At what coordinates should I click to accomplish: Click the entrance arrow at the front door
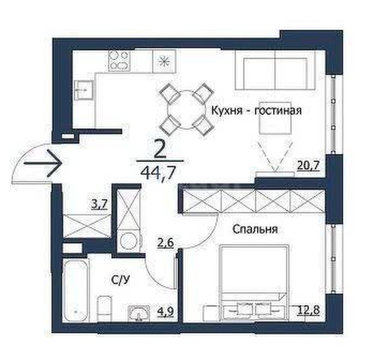[x=42, y=163]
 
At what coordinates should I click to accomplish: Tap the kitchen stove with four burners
[x=119, y=61]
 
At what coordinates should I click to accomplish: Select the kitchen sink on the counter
[x=84, y=90]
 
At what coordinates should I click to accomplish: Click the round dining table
[x=187, y=109]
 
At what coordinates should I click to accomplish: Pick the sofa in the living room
[x=275, y=71]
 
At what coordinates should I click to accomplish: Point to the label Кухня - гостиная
[x=256, y=110]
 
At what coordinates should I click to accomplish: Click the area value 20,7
[x=308, y=165]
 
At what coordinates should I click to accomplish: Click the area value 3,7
[x=99, y=205]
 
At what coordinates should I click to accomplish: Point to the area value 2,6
[x=166, y=242]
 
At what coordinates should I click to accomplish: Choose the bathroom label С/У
[x=120, y=280]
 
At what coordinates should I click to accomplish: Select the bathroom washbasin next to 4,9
[x=139, y=313]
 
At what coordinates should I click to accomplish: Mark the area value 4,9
[x=166, y=312]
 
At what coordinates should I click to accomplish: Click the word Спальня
[x=255, y=229]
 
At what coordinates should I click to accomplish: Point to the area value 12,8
[x=308, y=310]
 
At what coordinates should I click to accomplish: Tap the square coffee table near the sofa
[x=275, y=118]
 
